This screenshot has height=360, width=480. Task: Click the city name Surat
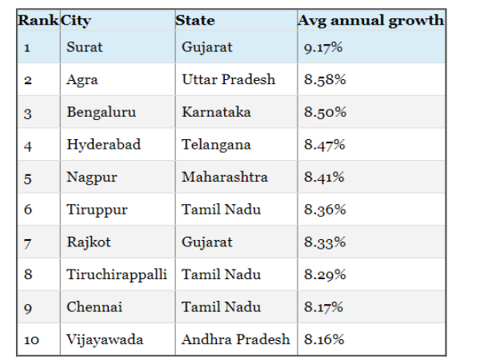pos(85,47)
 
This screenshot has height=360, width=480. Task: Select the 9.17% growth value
pos(323,48)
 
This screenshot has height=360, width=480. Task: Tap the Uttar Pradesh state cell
pos(228,80)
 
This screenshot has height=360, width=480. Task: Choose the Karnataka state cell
pos(217,113)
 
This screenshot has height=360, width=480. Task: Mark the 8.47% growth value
pos(324,145)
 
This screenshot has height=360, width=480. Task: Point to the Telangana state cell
pos(216,145)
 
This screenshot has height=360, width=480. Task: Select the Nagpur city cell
pos(88,177)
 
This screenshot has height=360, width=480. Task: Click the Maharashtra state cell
pos(225,177)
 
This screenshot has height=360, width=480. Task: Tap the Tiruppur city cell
pos(97,210)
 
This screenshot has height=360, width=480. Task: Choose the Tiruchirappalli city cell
pos(117,274)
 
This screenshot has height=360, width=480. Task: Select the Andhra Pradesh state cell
pos(235,339)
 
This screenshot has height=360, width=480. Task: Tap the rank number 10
pos(31,340)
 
